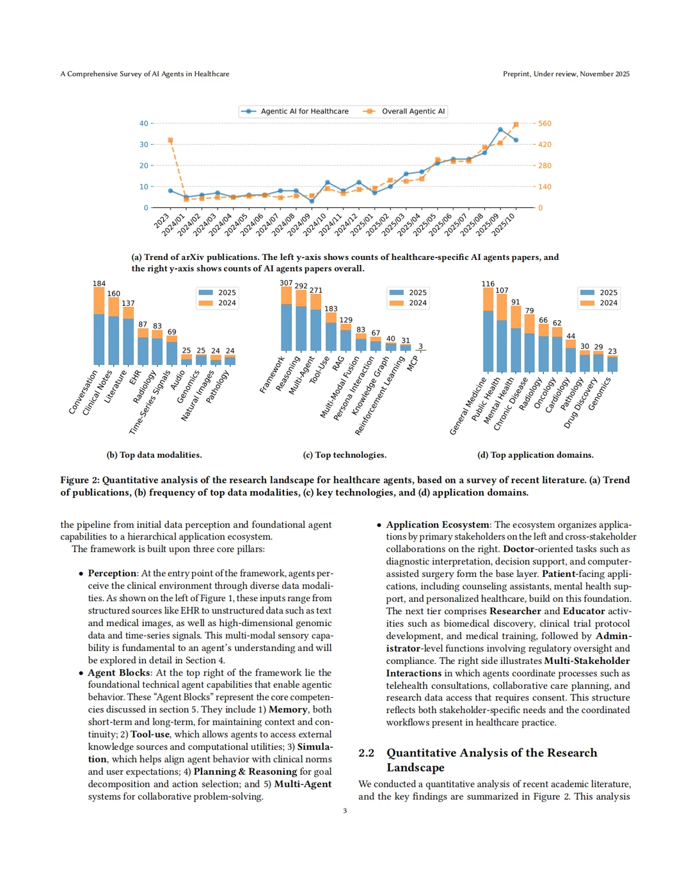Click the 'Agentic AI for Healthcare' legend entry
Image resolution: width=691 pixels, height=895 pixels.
point(305,111)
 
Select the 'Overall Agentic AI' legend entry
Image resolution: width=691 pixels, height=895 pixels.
point(413,111)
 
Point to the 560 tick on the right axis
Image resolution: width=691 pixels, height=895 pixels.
point(544,124)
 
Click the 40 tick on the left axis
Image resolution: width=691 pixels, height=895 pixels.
point(144,124)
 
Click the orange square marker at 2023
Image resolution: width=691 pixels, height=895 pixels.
point(170,140)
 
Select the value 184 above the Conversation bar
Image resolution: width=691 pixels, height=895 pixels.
point(99,284)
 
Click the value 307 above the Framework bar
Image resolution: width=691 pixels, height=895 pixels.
point(286,283)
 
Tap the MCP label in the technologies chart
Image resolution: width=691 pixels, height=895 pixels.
point(413,363)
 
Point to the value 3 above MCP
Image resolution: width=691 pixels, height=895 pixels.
point(420,346)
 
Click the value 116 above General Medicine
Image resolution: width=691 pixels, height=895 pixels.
point(488,284)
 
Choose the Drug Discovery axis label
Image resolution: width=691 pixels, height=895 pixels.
point(581,402)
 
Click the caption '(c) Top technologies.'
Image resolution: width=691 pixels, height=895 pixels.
point(344,455)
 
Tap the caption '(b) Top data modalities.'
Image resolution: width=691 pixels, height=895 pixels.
point(154,455)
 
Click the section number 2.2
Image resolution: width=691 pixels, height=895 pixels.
point(367,753)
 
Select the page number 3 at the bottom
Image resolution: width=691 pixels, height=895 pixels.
point(345,811)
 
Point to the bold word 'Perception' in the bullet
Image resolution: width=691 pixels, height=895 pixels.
point(112,574)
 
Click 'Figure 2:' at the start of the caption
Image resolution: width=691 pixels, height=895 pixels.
point(80,480)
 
